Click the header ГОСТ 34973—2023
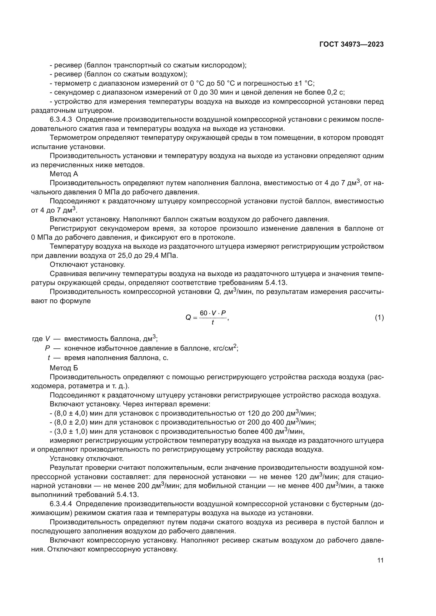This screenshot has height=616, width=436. (x=351, y=45)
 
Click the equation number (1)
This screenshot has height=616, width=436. (x=379, y=318)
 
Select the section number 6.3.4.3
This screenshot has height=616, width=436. (x=61, y=120)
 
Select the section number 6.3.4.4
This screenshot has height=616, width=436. (x=61, y=504)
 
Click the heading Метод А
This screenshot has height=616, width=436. (x=64, y=174)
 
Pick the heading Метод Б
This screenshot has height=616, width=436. (x=64, y=368)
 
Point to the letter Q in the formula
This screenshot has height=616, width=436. (x=188, y=318)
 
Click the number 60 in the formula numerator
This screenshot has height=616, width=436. (x=204, y=313)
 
